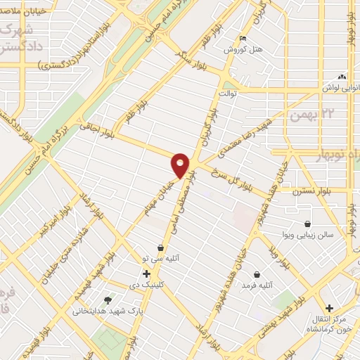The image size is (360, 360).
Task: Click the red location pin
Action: [x=180, y=165]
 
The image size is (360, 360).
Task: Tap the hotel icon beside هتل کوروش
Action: [x=243, y=39]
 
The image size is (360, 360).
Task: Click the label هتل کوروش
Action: [x=238, y=50]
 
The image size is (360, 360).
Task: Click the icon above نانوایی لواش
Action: [x=342, y=76]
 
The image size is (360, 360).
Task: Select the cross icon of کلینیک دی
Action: [x=146, y=273]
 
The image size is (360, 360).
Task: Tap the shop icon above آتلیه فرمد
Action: [x=256, y=274]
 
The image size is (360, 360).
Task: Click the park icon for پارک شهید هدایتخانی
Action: [x=107, y=300]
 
